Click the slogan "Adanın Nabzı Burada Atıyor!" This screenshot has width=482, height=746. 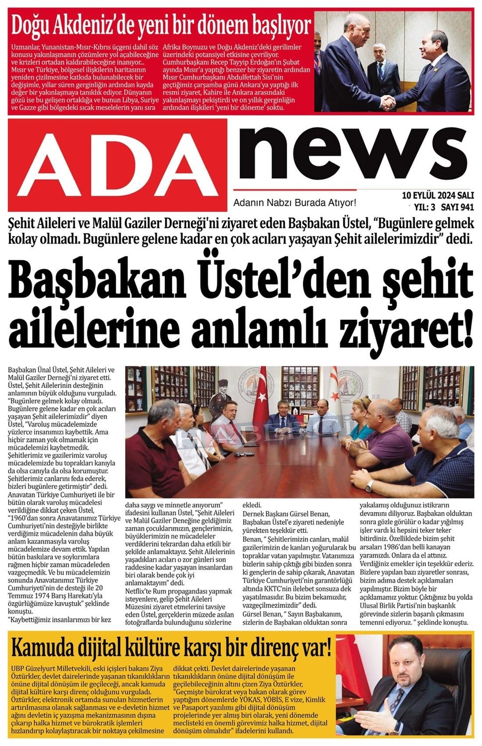pos(294,203)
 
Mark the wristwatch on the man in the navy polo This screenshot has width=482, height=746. pos(370,486)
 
